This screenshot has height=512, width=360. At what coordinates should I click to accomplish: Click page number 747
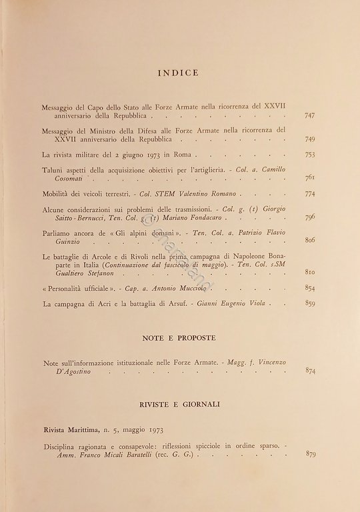tap(310, 115)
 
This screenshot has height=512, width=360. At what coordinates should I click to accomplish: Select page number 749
tap(310, 140)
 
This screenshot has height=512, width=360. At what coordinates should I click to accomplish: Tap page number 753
tap(310, 155)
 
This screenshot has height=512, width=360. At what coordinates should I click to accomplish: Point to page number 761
tap(310, 179)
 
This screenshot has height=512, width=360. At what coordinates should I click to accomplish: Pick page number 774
tap(310, 194)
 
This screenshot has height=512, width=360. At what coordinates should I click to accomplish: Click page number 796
tap(310, 218)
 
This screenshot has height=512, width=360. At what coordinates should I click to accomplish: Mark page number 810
tap(310, 273)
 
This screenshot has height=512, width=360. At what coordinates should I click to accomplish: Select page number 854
tap(310, 288)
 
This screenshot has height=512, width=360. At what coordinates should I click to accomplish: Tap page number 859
tap(310, 303)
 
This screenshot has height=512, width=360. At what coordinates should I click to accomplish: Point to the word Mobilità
tap(55, 194)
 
